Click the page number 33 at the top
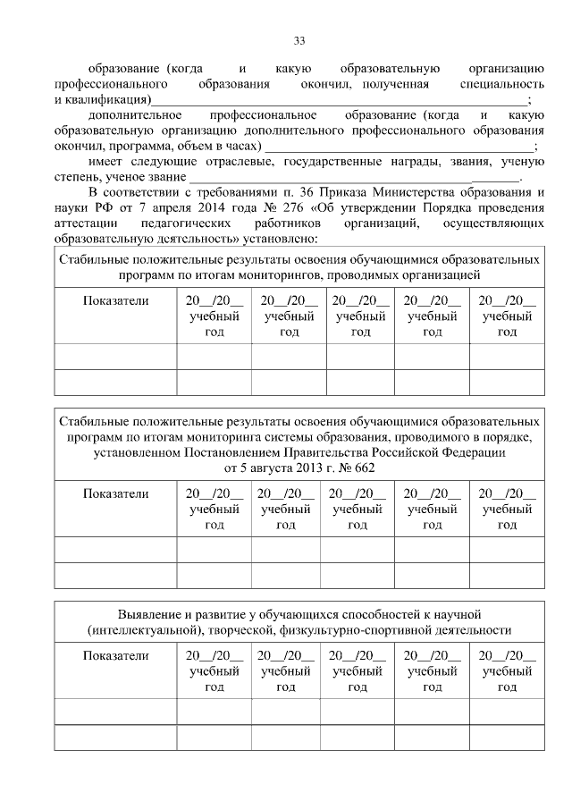click(x=299, y=40)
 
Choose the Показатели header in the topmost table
click(x=115, y=300)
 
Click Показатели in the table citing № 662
click(x=115, y=493)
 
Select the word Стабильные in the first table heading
click(x=97, y=258)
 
